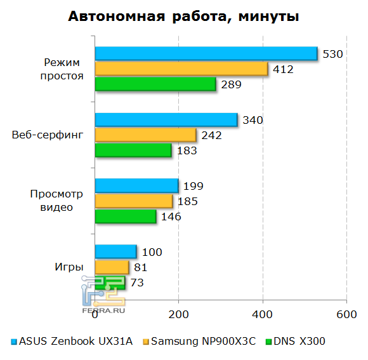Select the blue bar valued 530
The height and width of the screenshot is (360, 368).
206,54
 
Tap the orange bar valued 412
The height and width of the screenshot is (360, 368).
181,69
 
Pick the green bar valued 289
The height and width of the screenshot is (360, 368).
155,84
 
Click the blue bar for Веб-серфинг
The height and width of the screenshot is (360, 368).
166,120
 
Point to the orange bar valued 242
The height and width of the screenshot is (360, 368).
145,135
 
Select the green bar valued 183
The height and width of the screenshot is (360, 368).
133,150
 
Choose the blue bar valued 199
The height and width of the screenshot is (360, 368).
136,185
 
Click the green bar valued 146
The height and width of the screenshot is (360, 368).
126,216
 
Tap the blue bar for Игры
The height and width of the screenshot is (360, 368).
115,251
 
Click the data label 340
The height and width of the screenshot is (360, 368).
253,120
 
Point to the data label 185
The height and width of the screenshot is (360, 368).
188,201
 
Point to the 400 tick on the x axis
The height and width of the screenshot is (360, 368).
263,314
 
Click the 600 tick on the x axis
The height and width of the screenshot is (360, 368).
346,314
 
